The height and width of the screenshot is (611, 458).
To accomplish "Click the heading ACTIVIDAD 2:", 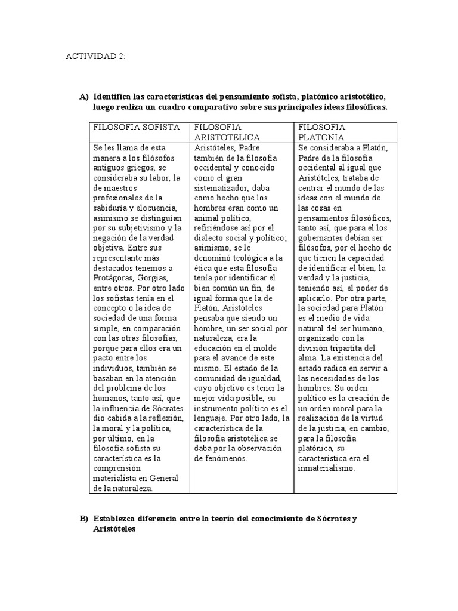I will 95,56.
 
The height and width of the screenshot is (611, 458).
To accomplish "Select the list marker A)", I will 83,97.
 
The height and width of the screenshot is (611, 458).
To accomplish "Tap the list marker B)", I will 83,519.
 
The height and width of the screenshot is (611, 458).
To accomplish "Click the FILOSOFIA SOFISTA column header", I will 137,127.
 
